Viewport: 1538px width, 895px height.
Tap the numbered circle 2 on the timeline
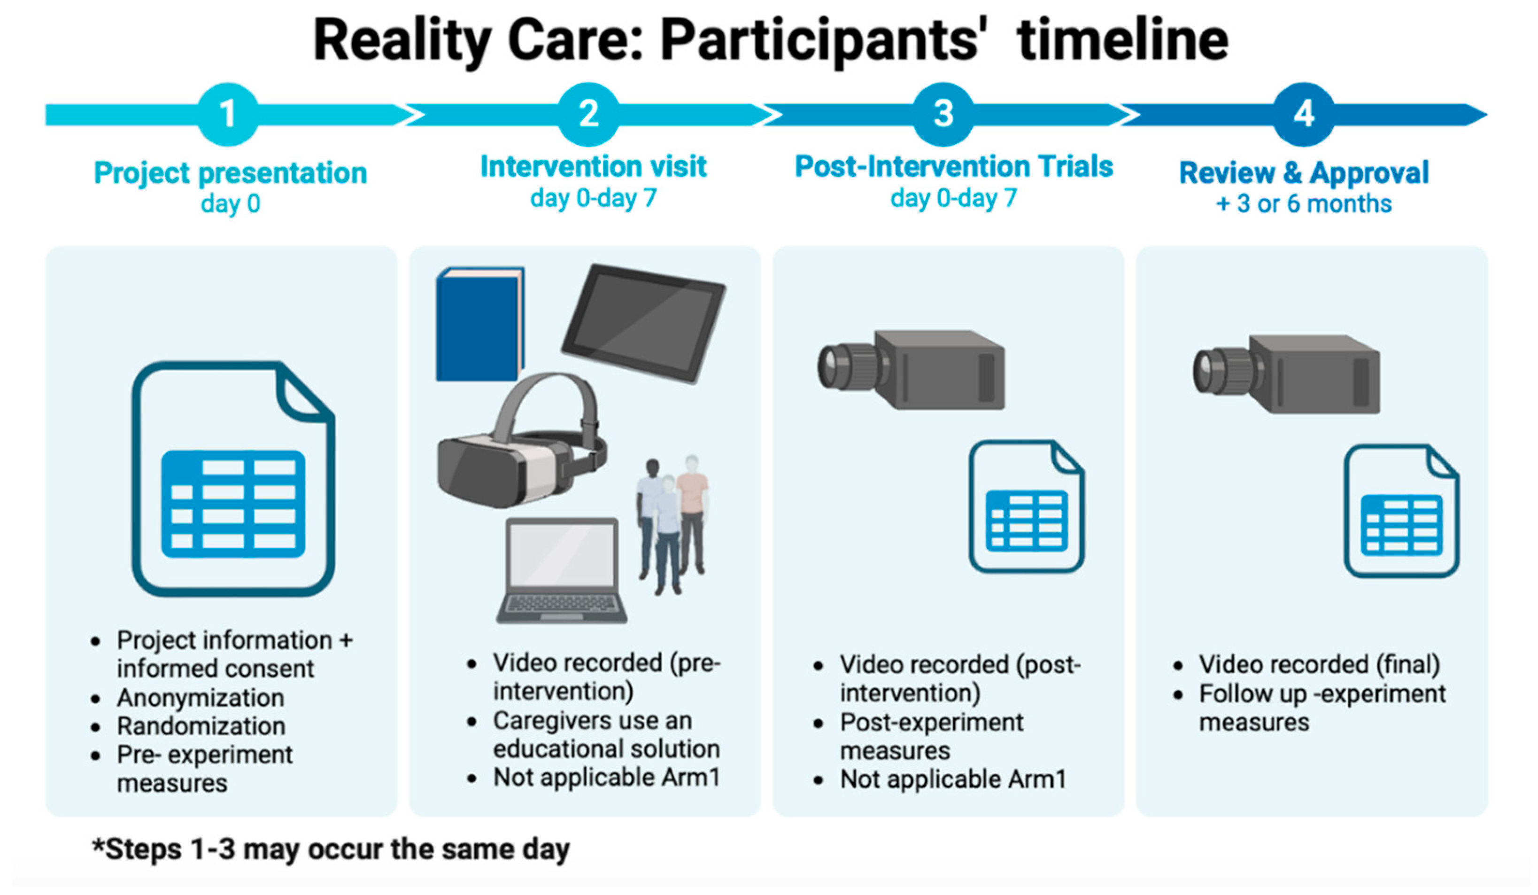[x=588, y=114]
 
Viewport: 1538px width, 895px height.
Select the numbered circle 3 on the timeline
[x=943, y=114]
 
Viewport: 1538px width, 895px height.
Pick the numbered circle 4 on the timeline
[x=1304, y=114]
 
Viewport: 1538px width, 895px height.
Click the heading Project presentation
[x=230, y=173]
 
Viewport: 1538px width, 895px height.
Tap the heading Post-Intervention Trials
[x=954, y=167]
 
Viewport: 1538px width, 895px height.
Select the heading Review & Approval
[x=1304, y=173]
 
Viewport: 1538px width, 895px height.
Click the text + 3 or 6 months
[x=1304, y=204]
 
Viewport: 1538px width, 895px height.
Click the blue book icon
[x=479, y=325]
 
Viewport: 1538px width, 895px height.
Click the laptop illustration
[x=562, y=570]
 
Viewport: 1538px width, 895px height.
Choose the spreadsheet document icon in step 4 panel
[x=1401, y=512]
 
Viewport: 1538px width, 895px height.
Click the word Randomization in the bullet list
[x=201, y=726]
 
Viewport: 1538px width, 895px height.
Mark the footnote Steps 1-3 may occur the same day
[x=331, y=849]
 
